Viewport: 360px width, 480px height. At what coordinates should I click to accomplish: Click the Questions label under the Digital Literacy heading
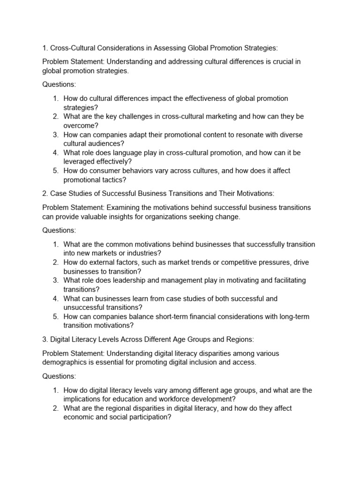59,376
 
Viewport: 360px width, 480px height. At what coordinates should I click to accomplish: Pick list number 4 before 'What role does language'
55,152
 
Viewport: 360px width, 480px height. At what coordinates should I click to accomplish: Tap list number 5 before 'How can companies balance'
55,316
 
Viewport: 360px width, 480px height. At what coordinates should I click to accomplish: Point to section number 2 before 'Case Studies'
45,193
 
